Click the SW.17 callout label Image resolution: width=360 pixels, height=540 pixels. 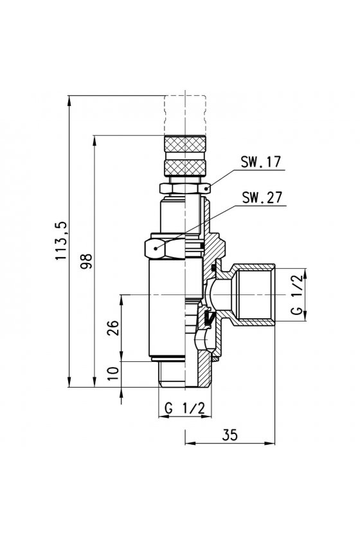point(261,162)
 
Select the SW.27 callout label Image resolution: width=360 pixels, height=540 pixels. point(262,198)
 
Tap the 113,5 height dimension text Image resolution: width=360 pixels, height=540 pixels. point(62,241)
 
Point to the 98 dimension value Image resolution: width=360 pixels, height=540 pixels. point(87,261)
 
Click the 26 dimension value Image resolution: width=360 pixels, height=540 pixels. point(113,328)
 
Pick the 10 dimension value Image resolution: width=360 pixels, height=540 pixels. point(113,373)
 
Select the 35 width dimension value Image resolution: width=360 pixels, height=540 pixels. point(230,435)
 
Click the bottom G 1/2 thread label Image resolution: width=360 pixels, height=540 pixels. point(184,408)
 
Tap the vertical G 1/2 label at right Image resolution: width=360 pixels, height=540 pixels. point(297,294)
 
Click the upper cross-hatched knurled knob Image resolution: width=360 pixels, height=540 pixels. point(185,143)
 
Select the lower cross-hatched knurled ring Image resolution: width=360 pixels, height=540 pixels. point(185,167)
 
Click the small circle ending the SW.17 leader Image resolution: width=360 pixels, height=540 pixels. point(207,188)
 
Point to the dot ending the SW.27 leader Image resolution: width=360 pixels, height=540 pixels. point(156,248)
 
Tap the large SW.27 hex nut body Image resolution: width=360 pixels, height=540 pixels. point(165,247)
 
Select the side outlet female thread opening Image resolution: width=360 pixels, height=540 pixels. point(256,295)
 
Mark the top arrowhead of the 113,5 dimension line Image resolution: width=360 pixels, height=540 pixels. point(69,100)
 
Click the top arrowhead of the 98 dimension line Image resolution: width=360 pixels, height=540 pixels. point(94,140)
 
